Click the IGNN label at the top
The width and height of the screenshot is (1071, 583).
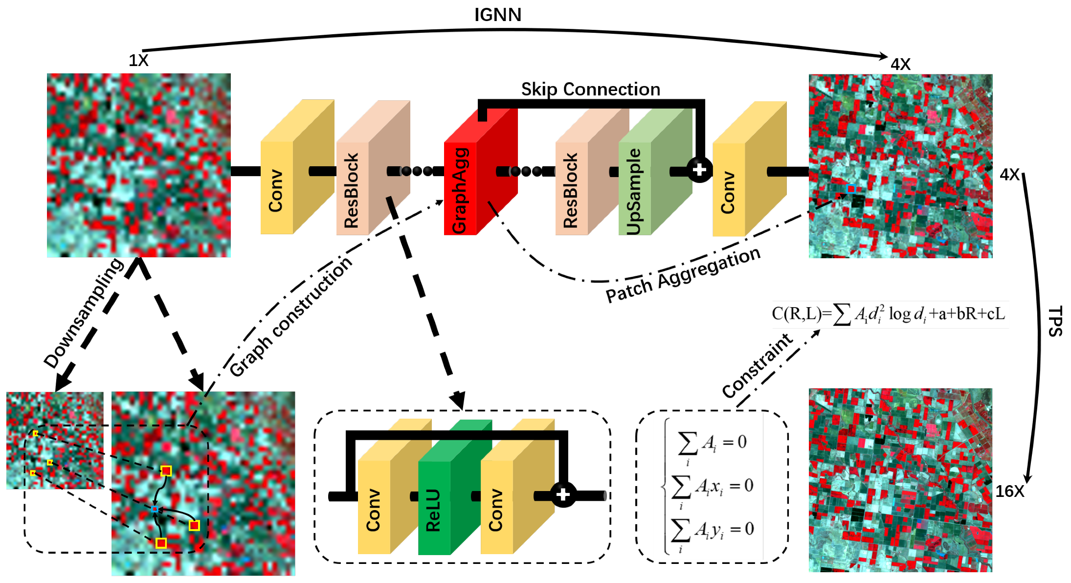[x=497, y=15]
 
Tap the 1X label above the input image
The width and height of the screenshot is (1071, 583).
[x=138, y=60]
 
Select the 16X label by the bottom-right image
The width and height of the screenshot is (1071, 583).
[x=1009, y=491]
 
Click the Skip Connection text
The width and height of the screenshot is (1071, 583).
[x=590, y=89]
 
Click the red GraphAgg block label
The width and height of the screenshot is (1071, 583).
[x=460, y=191]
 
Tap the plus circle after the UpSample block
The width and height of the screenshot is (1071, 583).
[x=700, y=170]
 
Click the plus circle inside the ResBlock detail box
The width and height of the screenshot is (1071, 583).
[x=563, y=494]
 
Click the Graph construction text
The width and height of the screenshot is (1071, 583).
[x=290, y=316]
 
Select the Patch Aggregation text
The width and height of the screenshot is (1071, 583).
[x=683, y=274]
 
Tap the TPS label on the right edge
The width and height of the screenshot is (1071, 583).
[x=1055, y=321]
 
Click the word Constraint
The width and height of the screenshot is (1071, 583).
[x=757, y=365]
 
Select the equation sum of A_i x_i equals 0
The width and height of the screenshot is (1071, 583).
[x=712, y=486]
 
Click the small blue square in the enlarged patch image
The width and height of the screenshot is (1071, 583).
[x=155, y=509]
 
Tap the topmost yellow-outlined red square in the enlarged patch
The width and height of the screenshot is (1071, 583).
[x=166, y=471]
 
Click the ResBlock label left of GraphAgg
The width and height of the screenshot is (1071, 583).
[x=351, y=191]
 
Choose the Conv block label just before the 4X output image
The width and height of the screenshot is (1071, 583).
[x=728, y=192]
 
